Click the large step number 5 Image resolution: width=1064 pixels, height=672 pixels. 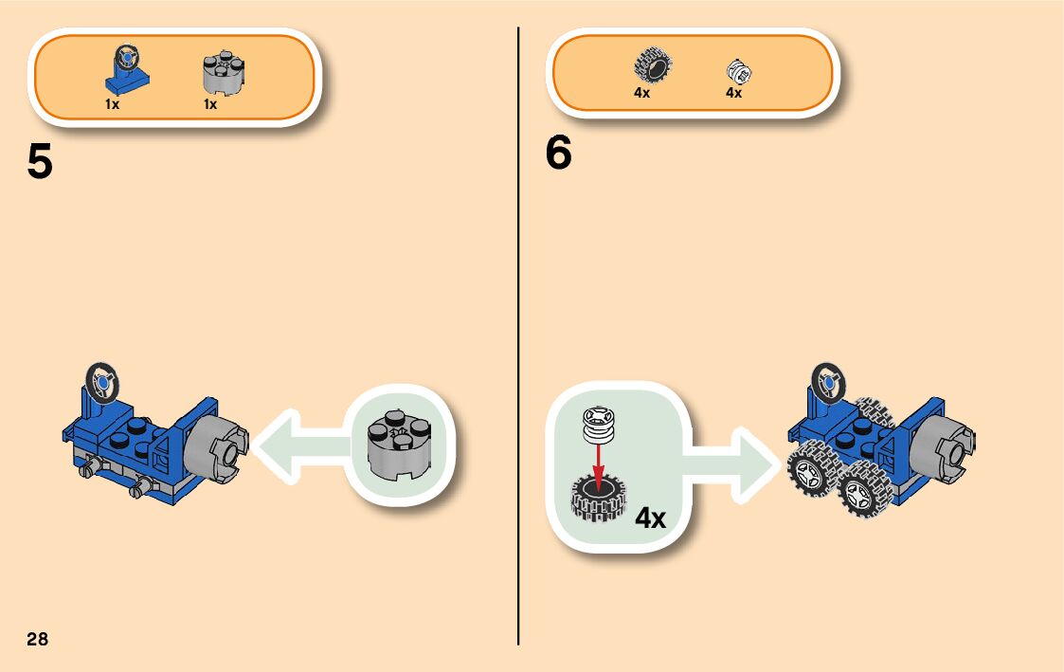coord(40,163)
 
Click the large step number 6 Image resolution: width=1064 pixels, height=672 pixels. coord(559,154)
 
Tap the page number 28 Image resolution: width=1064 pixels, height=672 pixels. coord(37,639)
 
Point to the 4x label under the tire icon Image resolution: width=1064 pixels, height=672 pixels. coord(641,94)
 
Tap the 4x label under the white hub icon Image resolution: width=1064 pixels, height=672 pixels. coord(733,94)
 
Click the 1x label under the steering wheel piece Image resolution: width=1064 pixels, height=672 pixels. coord(112,104)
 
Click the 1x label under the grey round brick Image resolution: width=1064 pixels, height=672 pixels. coord(210,104)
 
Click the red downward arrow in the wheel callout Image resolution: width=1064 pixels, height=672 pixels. coord(598,460)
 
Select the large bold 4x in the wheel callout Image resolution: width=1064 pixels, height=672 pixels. coord(651,518)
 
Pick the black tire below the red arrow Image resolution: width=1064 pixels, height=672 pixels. coord(598,499)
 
